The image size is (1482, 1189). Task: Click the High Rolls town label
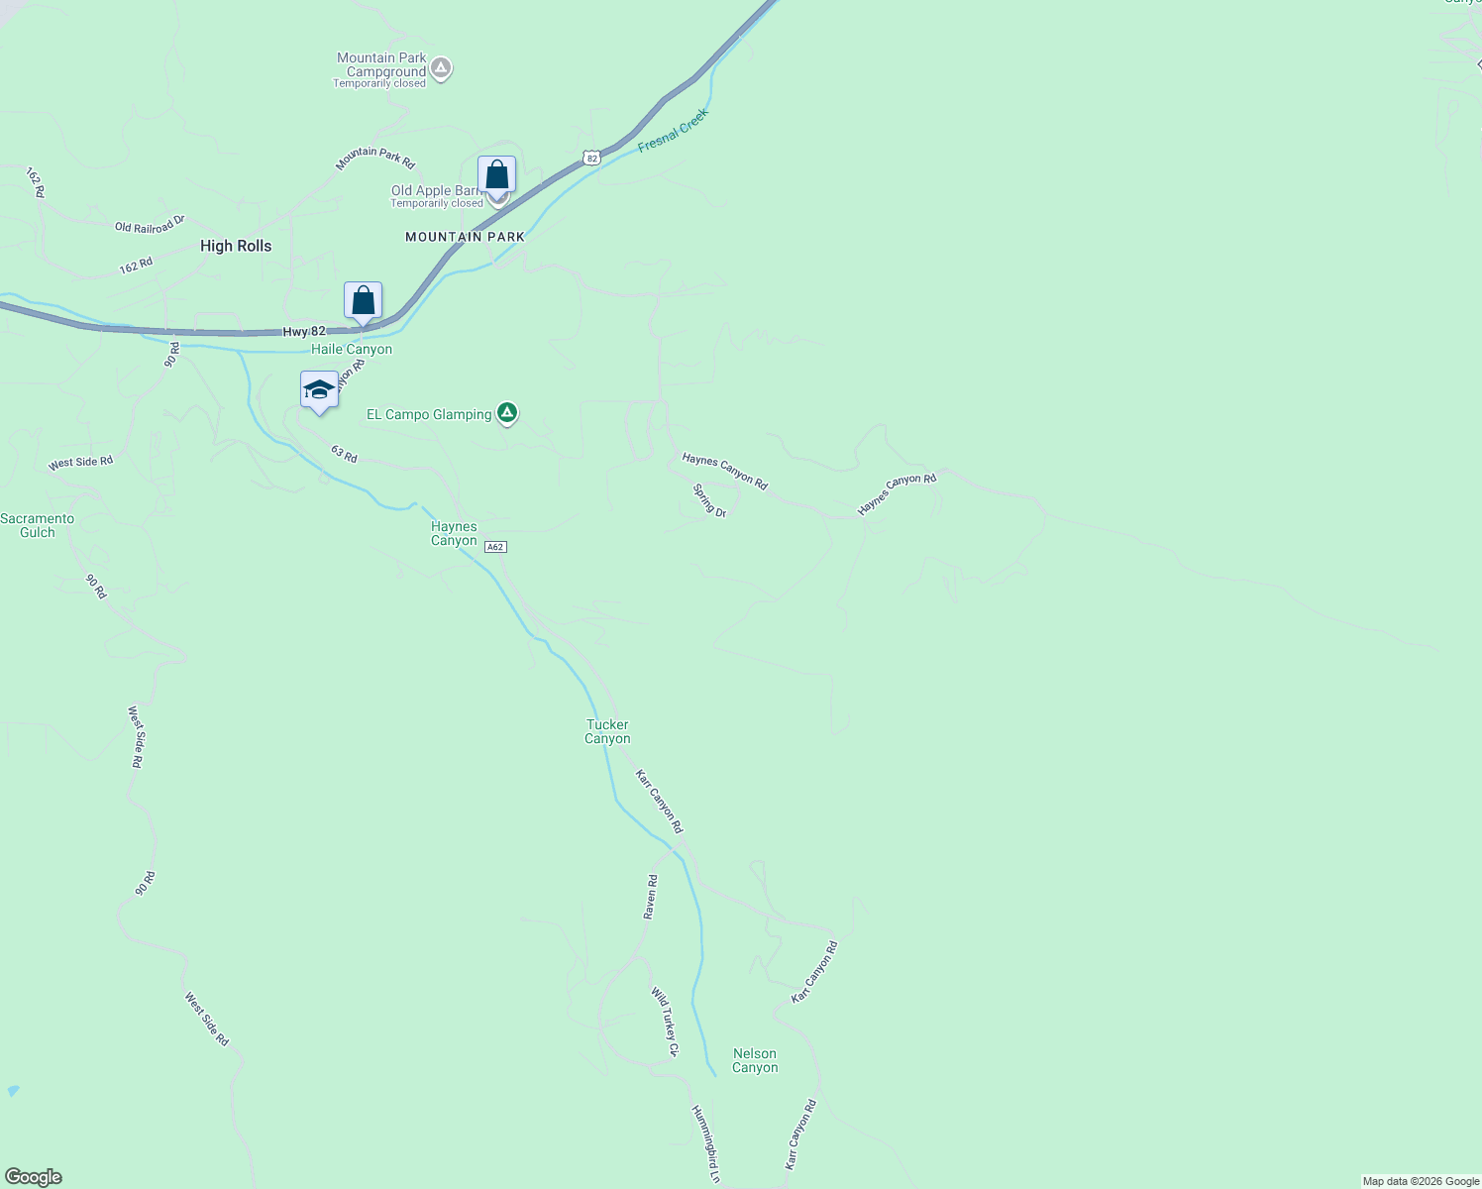pyautogui.click(x=236, y=246)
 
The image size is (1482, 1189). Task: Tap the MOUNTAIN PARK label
pyautogui.click(x=465, y=237)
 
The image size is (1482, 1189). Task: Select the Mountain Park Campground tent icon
pyautogui.click(x=442, y=68)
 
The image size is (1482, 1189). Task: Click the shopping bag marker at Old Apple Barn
pyautogui.click(x=496, y=175)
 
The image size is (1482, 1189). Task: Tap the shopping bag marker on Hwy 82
pyautogui.click(x=363, y=300)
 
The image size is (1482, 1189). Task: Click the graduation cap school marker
pyautogui.click(x=319, y=389)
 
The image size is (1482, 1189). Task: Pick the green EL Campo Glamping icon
pyautogui.click(x=507, y=413)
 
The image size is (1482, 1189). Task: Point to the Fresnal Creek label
pyautogui.click(x=674, y=130)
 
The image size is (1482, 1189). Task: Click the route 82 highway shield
pyautogui.click(x=591, y=158)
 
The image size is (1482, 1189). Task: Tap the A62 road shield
pyautogui.click(x=496, y=547)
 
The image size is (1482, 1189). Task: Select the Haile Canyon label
pyautogui.click(x=352, y=349)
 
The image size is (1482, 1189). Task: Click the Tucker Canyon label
pyautogui.click(x=607, y=731)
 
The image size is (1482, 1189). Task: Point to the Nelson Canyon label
pyautogui.click(x=755, y=1060)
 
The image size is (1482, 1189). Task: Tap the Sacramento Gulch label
pyautogui.click(x=38, y=525)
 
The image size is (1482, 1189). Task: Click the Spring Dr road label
pyautogui.click(x=709, y=500)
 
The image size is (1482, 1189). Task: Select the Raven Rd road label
pyautogui.click(x=651, y=897)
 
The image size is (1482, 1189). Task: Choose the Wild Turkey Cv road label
pyautogui.click(x=665, y=1022)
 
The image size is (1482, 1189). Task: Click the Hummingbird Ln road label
pyautogui.click(x=704, y=1144)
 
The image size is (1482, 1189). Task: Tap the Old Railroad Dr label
pyautogui.click(x=151, y=224)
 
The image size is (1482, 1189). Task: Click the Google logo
pyautogui.click(x=34, y=1177)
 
